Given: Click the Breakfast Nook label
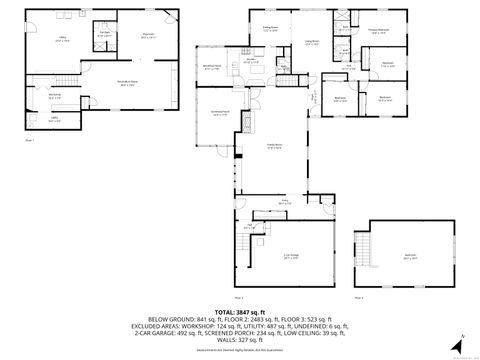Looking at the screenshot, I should coord(212,67).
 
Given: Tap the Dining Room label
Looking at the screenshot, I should coord(271,29).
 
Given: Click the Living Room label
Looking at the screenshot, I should coord(311,41).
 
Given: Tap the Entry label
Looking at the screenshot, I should coord(283,203).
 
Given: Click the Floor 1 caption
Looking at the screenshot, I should coord(30,141).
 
